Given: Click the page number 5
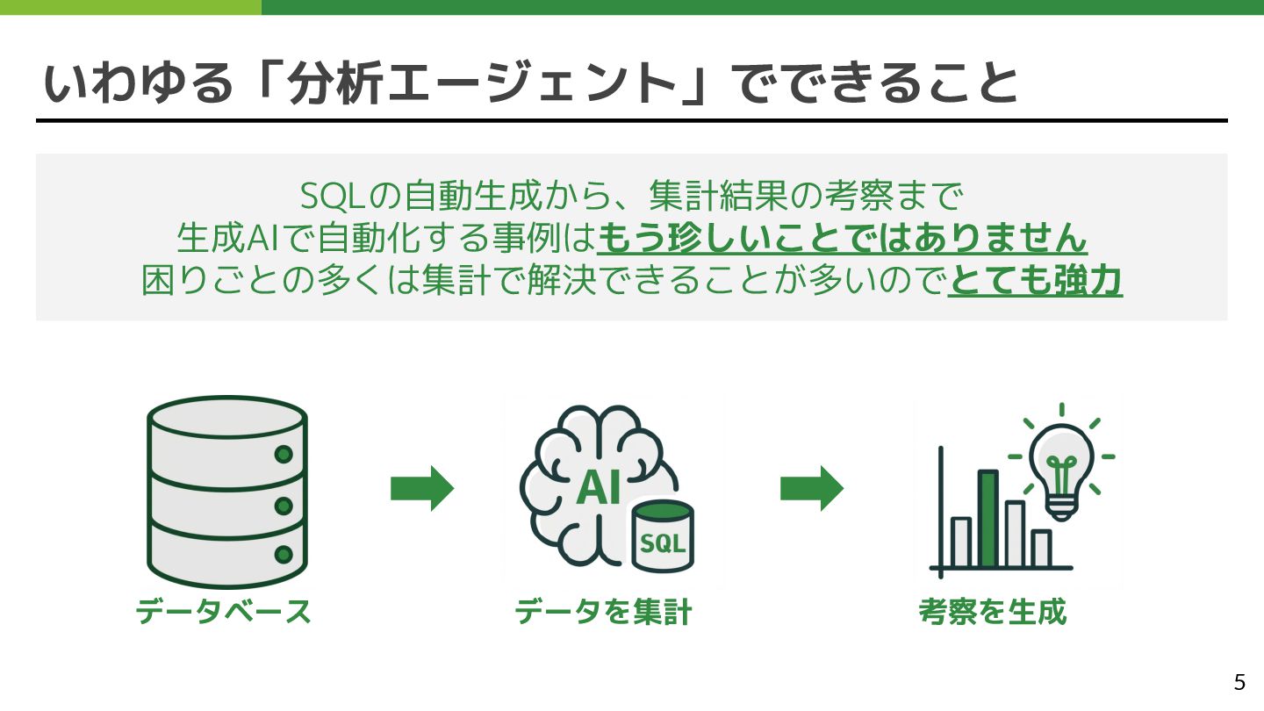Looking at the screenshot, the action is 1239,682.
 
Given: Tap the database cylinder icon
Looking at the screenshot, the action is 226,492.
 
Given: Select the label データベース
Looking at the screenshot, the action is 224,611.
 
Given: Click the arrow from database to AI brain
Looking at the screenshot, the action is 422,488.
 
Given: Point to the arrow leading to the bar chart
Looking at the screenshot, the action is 812,488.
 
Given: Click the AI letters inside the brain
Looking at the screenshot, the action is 600,488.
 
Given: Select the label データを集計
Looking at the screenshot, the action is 603,611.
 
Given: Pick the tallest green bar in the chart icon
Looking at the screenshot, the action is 988,519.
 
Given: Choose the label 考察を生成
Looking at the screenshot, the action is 992,611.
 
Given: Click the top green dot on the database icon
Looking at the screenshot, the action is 284,455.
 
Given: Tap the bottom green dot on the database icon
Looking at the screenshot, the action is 284,555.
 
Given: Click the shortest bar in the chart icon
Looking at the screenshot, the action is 1041,549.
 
